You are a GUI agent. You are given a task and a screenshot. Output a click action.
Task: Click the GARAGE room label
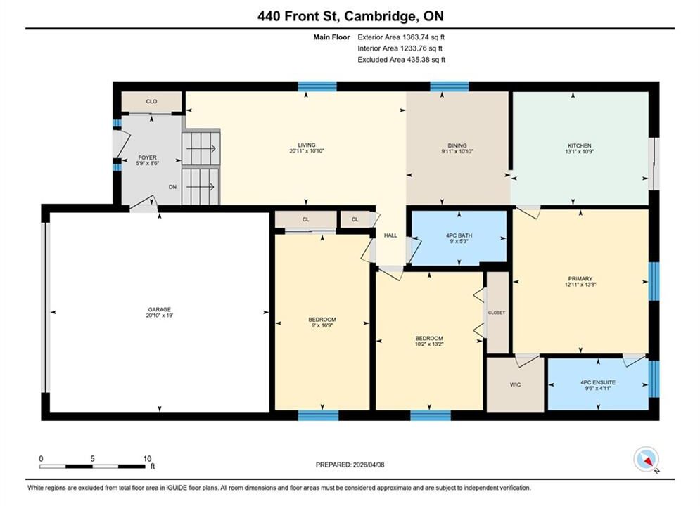coord(160,309)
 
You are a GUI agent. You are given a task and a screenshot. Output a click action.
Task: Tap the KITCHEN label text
coord(580,145)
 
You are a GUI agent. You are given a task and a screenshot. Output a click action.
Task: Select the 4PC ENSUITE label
coord(598,382)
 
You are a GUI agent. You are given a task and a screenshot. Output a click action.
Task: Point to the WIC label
coord(515,384)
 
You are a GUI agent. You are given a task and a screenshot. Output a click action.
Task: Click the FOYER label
coord(147,157)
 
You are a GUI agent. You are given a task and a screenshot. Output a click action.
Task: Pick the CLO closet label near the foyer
coord(151,102)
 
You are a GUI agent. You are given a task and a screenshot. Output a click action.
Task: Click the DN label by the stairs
coord(173,187)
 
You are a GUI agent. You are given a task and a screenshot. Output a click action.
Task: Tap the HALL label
coord(390,235)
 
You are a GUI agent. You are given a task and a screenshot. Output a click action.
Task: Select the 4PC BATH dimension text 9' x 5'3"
coord(459,241)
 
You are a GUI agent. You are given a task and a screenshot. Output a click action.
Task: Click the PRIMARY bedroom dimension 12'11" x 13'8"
coord(580,285)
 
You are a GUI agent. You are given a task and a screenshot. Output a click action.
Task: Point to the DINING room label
coord(457,145)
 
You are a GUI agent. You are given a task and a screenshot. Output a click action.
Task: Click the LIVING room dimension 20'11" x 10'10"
coord(307,151)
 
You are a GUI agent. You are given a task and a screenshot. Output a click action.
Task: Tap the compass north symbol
coord(647,459)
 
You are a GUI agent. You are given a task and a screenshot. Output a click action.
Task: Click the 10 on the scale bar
coord(147,458)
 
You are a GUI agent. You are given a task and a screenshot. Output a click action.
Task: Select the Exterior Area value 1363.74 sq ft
coord(424,37)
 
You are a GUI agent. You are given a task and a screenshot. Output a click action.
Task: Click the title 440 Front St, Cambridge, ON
coord(350,16)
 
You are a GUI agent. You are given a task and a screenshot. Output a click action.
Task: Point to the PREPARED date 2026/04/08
coord(369,465)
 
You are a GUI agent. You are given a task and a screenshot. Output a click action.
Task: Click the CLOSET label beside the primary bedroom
coord(497,313)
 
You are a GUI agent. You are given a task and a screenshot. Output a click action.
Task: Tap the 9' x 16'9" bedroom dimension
coord(322,325)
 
